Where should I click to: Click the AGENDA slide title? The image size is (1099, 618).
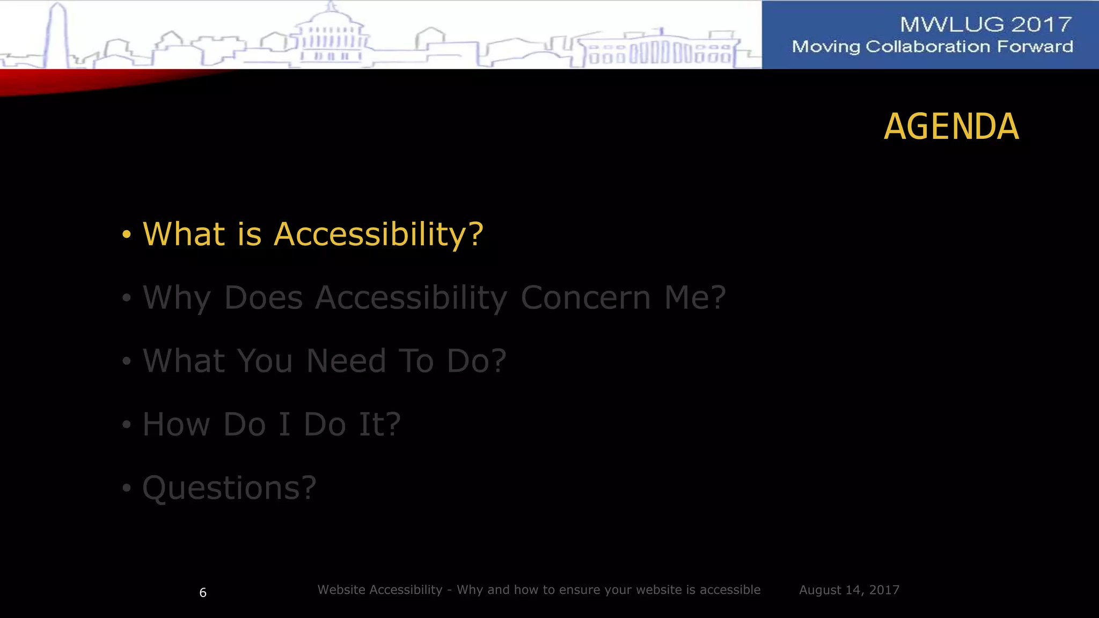click(951, 127)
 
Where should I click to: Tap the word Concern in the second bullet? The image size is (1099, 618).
click(585, 298)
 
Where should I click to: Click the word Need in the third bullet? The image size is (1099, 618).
click(346, 360)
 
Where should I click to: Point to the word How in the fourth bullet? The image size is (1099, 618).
click(176, 424)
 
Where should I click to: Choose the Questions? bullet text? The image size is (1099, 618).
click(229, 488)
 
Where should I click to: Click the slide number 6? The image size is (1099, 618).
click(203, 593)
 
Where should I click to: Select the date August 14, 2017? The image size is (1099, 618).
click(849, 590)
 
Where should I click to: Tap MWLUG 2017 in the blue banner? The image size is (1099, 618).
click(986, 25)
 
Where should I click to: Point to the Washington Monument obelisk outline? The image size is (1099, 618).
click(58, 35)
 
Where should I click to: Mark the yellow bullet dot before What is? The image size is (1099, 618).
click(127, 234)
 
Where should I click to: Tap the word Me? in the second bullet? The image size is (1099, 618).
click(695, 298)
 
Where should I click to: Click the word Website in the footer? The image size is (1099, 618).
click(342, 590)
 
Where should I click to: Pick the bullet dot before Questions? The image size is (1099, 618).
click(127, 488)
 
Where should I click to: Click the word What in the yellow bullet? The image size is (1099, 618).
click(184, 234)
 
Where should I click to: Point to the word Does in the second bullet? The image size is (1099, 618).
click(263, 298)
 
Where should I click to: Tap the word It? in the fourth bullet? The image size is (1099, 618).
click(379, 424)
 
